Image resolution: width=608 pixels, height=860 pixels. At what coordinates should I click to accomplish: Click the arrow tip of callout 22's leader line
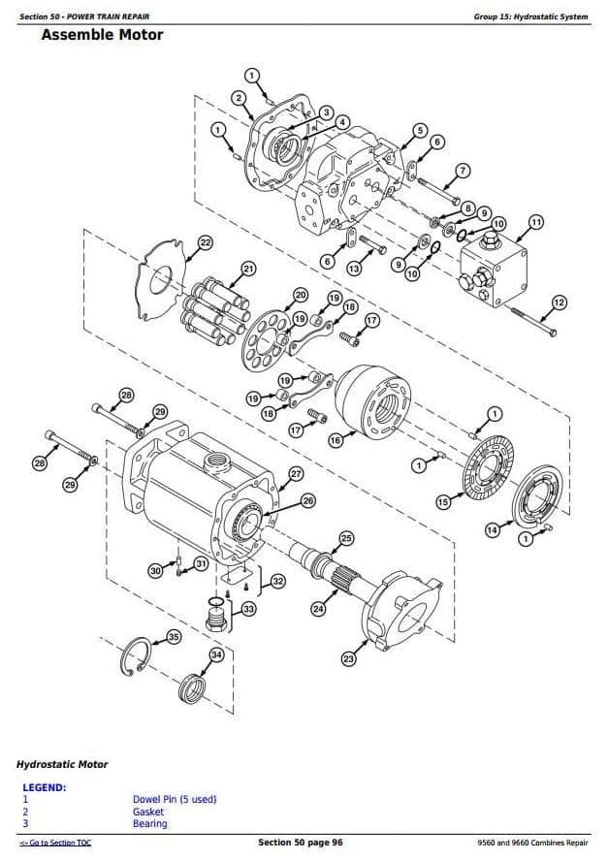click(186, 262)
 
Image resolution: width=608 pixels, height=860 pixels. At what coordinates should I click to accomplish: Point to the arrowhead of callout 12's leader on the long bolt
click(539, 322)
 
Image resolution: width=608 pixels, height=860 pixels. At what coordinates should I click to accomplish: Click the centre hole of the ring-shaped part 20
click(267, 340)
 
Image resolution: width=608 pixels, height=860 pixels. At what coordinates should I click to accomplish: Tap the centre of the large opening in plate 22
click(160, 281)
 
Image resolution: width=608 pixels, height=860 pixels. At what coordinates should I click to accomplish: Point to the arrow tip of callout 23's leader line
click(368, 640)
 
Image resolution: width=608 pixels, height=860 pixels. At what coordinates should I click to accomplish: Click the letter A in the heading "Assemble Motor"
click(48, 35)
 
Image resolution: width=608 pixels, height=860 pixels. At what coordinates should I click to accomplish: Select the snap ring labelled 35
click(134, 655)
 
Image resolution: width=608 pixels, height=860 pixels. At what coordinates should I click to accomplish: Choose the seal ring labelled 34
click(193, 689)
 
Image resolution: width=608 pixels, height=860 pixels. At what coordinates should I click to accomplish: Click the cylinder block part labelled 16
click(373, 403)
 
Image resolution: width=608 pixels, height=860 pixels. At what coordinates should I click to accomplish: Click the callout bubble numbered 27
click(296, 474)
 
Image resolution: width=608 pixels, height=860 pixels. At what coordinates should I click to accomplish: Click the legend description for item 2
click(148, 812)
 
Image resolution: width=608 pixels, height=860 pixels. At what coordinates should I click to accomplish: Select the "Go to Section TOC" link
click(55, 843)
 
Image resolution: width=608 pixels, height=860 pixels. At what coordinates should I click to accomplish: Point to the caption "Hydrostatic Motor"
click(62, 764)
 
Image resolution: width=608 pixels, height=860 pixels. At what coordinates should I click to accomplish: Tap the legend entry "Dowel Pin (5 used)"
click(175, 799)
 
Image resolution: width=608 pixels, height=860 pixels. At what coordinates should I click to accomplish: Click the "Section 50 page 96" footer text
click(301, 843)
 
